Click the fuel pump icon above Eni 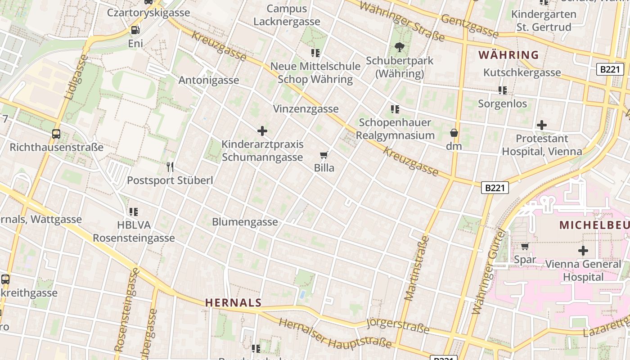coord(135,30)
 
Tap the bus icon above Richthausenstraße coord(56,134)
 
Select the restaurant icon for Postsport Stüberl coord(170,167)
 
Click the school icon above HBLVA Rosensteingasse coord(134,211)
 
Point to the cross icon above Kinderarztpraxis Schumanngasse coord(262,131)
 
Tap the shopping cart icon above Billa coord(324,155)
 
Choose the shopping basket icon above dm coord(454,133)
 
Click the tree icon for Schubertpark coord(399,47)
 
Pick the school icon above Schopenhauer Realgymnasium coord(395,109)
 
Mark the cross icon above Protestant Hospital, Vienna coord(542,125)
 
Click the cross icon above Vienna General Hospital coord(583,250)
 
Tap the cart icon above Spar coord(525,246)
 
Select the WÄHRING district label coord(508,55)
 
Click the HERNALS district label coord(234,302)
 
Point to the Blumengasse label coord(245,222)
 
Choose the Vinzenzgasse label coord(306,109)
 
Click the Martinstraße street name coord(417,268)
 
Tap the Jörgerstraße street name coord(398,325)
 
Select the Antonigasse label coord(209,80)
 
